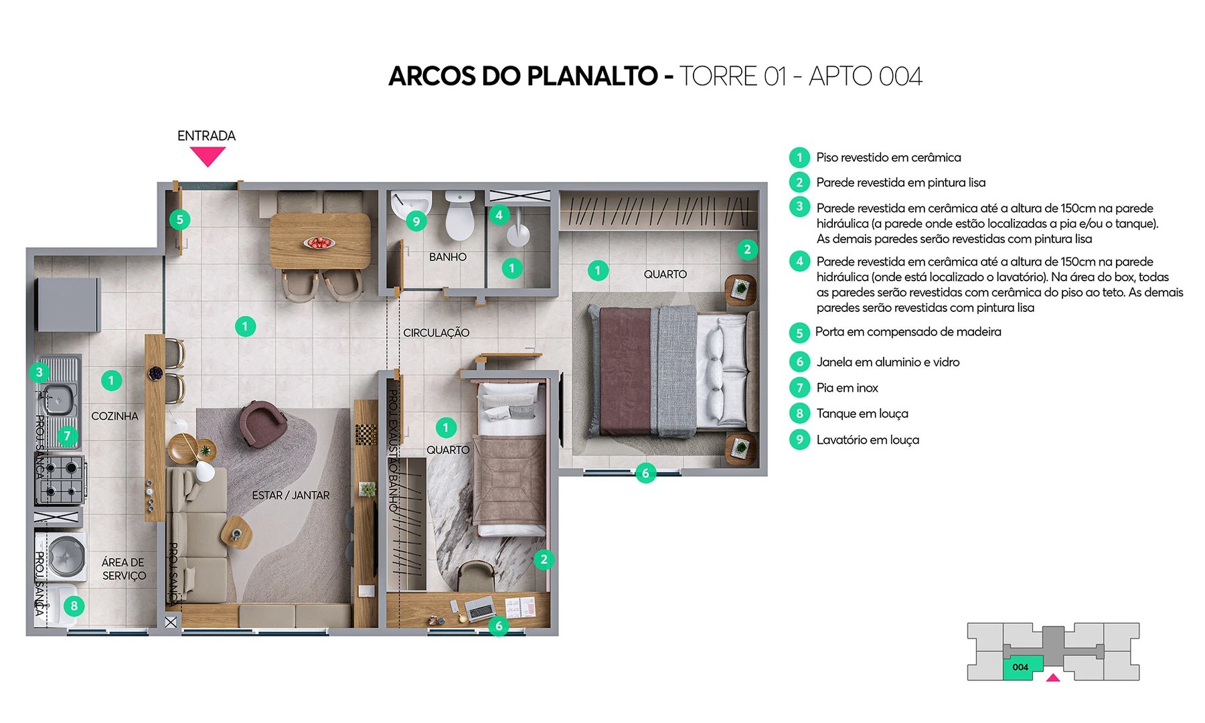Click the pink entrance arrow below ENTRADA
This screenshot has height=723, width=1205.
point(207,156)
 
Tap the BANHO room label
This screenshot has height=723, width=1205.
point(447,257)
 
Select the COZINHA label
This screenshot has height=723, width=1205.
point(114,416)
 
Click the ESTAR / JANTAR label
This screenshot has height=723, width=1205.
point(291,495)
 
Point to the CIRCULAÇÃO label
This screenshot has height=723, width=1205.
point(436,333)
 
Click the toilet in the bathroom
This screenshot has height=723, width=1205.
point(459,216)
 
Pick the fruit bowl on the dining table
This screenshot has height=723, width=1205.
point(319,242)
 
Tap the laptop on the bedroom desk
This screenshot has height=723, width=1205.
point(479,609)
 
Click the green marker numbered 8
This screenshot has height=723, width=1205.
point(74,606)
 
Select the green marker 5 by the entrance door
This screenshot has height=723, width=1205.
point(179,220)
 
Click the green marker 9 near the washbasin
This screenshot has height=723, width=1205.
point(416,221)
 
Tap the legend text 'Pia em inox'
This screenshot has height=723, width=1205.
point(847,388)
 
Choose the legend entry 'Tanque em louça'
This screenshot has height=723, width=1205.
point(862,414)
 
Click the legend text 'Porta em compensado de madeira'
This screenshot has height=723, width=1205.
point(908,332)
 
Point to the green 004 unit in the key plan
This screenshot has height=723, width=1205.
point(1022,667)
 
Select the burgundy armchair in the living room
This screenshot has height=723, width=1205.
point(263,422)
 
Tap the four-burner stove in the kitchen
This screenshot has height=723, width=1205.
point(60,479)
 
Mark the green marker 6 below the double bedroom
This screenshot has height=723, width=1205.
point(645,473)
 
